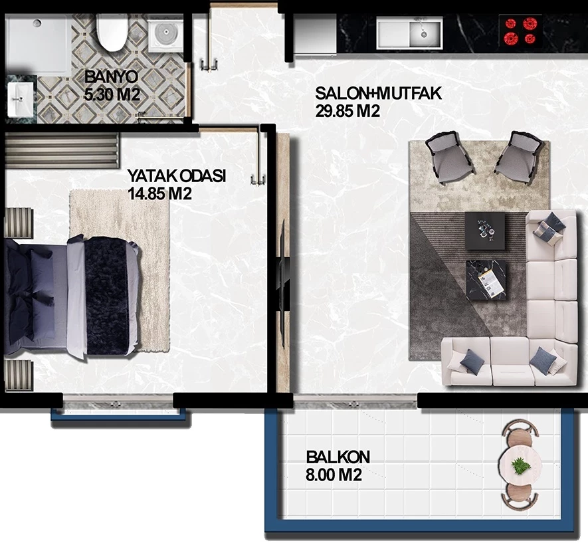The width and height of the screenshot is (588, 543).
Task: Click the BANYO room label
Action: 112,77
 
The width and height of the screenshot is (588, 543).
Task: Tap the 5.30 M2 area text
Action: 112,94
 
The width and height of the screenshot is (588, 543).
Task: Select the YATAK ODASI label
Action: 177,176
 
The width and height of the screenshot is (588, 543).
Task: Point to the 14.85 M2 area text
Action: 159,194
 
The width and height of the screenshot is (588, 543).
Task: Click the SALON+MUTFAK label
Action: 378,93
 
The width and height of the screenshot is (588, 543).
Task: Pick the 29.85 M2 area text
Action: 347,111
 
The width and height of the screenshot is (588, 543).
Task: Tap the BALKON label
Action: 338,457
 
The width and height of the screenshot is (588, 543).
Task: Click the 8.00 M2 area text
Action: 334,475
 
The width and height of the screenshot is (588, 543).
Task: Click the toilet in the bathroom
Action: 112,33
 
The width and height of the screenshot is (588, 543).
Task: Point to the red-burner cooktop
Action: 520,31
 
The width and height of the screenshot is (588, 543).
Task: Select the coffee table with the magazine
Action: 486,280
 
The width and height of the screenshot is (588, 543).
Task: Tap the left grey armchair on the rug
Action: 449,156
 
